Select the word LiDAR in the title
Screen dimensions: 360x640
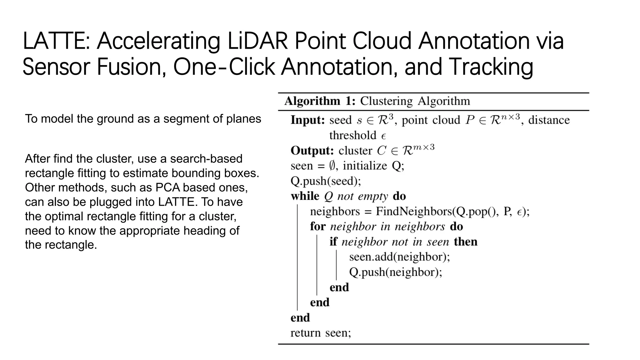tap(257, 41)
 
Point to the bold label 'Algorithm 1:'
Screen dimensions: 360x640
tap(320, 101)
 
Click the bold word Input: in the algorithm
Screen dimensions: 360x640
tap(308, 120)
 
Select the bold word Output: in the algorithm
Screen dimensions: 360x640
tap(312, 151)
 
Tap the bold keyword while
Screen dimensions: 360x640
tap(305, 196)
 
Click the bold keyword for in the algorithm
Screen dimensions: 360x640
tap(317, 227)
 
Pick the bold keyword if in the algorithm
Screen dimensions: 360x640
tap(333, 242)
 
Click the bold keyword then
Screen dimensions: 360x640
tap(466, 242)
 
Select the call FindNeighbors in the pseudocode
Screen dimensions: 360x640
tap(414, 212)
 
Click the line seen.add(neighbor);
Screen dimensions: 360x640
tap(399, 257)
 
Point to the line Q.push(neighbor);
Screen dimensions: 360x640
tap(396, 272)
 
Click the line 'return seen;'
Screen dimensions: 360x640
tap(321, 333)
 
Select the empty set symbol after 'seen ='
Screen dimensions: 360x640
tap(332, 166)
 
